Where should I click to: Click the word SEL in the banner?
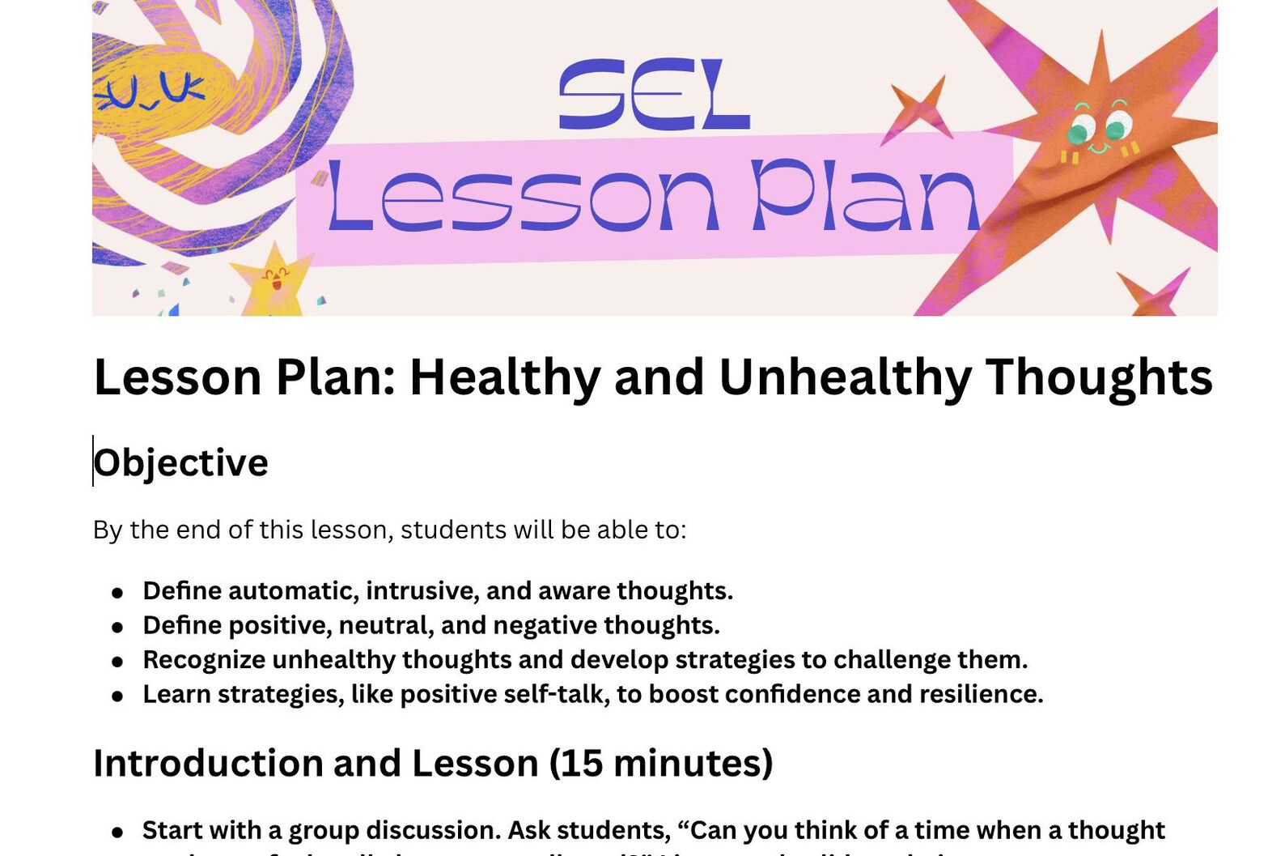click(654, 96)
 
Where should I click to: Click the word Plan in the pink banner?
click(865, 198)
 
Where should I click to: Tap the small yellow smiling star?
click(274, 282)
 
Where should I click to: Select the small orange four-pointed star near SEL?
click(918, 111)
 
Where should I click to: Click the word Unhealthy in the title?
click(844, 377)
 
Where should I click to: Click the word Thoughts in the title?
click(1098, 377)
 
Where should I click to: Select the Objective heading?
click(180, 463)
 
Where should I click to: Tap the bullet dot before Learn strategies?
click(118, 696)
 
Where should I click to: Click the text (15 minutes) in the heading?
click(661, 764)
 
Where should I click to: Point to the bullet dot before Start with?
click(118, 833)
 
